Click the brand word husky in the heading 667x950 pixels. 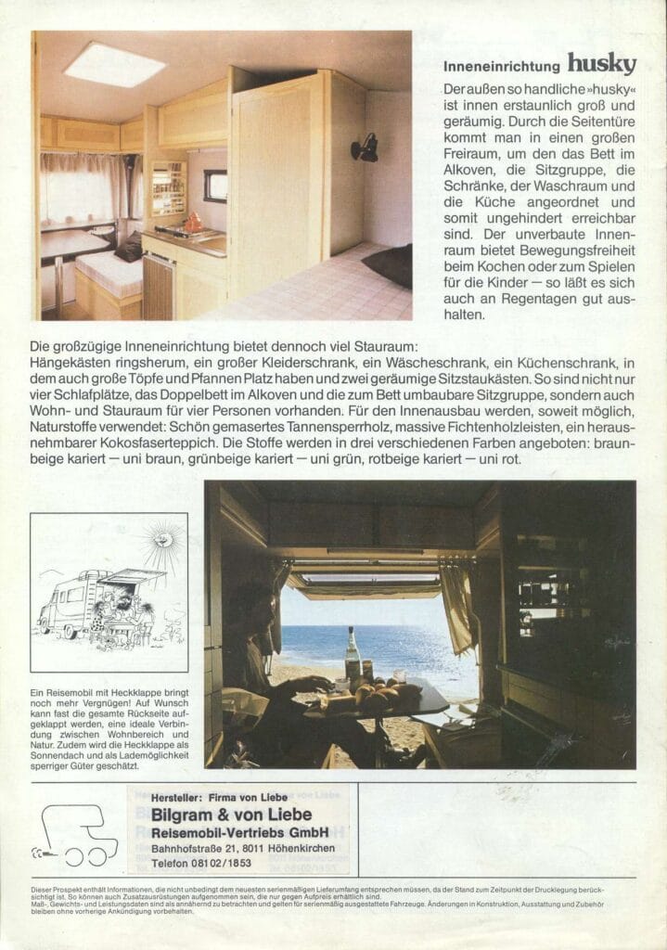pos(602,65)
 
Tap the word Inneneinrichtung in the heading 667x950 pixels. pos(502,68)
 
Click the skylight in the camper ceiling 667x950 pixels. pos(114,65)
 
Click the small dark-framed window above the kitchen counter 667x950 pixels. pos(215,186)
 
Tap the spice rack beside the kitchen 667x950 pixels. pos(167,187)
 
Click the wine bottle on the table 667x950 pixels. pos(353,656)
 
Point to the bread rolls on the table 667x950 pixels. pos(376,694)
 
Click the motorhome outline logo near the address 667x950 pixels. pos(78,834)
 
